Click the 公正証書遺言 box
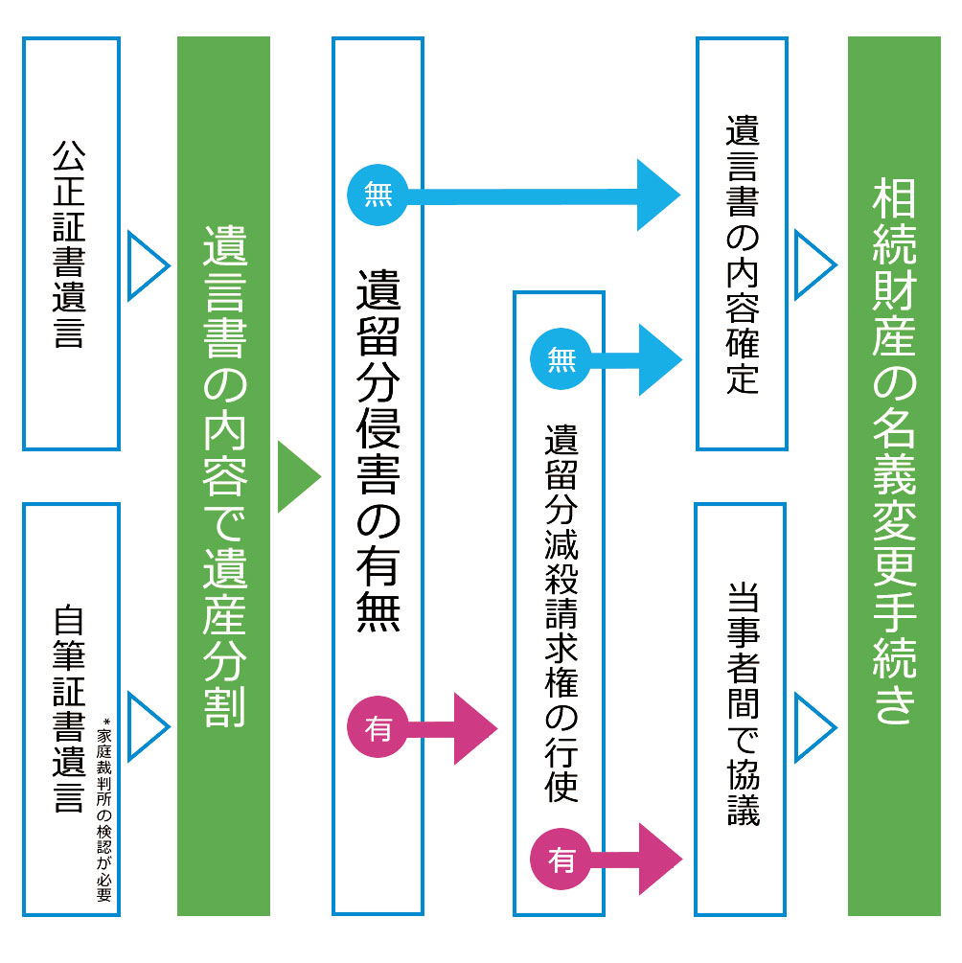pyautogui.click(x=71, y=244)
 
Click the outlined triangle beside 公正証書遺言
pyautogui.click(x=146, y=264)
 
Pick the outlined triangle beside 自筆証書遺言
pyautogui.click(x=146, y=724)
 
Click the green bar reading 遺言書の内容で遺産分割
pyautogui.click(x=224, y=476)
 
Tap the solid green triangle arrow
pyautogui.click(x=296, y=476)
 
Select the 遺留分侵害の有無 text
pyautogui.click(x=378, y=450)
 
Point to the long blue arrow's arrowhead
pyautogui.click(x=657, y=195)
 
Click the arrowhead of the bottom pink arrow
pyautogui.click(x=658, y=859)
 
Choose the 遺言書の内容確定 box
pyautogui.click(x=742, y=244)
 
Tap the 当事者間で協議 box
pyautogui.click(x=741, y=709)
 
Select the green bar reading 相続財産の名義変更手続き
pyautogui.click(x=894, y=476)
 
